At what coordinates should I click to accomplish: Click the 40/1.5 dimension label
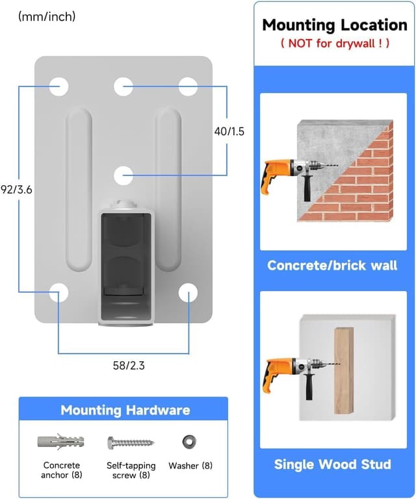coord(229,131)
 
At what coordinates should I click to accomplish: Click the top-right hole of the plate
coord(188,86)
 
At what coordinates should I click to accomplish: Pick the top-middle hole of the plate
coord(123,86)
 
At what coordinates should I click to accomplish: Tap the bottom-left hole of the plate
coord(59,293)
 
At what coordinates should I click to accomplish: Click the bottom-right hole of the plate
coord(188,293)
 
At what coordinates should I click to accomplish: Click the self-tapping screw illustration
coord(131,442)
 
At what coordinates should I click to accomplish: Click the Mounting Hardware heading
coord(125,410)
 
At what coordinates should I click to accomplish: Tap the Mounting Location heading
coord(334,25)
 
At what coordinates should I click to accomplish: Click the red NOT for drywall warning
coord(334,44)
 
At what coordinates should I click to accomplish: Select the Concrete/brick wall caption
coord(333,266)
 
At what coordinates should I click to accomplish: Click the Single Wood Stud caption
coord(333,464)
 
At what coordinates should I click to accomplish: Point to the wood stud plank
coord(344,370)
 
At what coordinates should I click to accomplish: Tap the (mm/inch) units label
coord(47,16)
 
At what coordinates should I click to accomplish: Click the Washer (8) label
coord(190,466)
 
